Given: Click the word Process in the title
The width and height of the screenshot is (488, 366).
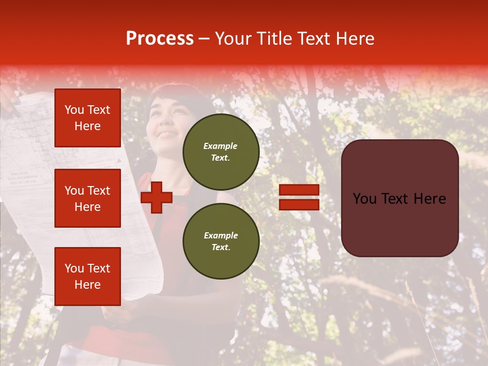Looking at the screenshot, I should pyautogui.click(x=160, y=39).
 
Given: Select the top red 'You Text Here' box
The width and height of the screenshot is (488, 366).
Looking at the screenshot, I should pyautogui.click(x=87, y=118).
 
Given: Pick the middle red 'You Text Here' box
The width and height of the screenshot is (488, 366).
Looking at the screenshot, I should pyautogui.click(x=87, y=198).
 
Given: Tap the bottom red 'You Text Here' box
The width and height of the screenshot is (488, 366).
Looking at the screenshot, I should pyautogui.click(x=87, y=276).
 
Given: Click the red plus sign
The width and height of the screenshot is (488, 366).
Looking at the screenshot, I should pyautogui.click(x=157, y=197).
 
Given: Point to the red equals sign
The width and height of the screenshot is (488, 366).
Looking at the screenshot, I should pyautogui.click(x=299, y=197).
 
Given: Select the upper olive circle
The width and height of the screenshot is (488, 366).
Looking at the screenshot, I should pyautogui.click(x=221, y=151).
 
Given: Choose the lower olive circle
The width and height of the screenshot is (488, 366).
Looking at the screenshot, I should pyautogui.click(x=221, y=241).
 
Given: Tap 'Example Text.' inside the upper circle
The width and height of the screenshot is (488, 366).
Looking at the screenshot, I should pyautogui.click(x=221, y=151).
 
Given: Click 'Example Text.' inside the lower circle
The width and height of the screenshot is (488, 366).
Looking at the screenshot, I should pyautogui.click(x=221, y=241).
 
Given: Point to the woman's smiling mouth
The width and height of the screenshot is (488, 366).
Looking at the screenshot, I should pyautogui.click(x=168, y=135).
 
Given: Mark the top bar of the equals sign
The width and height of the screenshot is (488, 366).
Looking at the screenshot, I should pyautogui.click(x=299, y=190).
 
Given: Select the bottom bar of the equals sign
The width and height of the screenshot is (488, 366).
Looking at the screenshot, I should pyautogui.click(x=299, y=204).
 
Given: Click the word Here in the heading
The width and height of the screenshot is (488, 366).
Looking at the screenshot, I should pyautogui.click(x=353, y=39).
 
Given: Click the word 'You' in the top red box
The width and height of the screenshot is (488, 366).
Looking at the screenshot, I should pyautogui.click(x=74, y=110).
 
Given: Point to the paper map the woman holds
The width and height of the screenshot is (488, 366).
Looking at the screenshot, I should pyautogui.click(x=30, y=152).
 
